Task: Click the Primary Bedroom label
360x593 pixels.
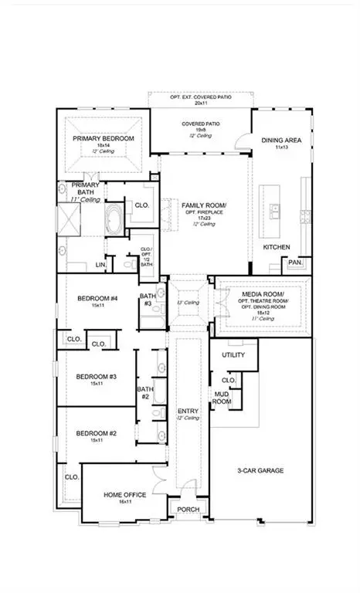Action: [x=104, y=138]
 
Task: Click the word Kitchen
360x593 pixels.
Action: [x=276, y=247]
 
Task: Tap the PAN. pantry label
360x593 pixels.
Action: [x=295, y=263]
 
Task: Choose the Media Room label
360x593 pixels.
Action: [x=265, y=295]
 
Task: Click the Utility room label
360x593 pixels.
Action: [x=233, y=355]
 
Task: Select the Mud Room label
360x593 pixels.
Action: [x=222, y=398]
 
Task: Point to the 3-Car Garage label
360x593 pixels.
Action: [x=260, y=470]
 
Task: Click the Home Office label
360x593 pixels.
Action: [x=124, y=494]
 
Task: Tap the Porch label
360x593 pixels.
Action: [x=188, y=510]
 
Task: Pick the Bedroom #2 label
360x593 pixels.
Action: [x=96, y=433]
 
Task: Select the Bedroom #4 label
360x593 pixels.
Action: [x=97, y=299]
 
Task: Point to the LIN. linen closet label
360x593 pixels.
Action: [x=100, y=264]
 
